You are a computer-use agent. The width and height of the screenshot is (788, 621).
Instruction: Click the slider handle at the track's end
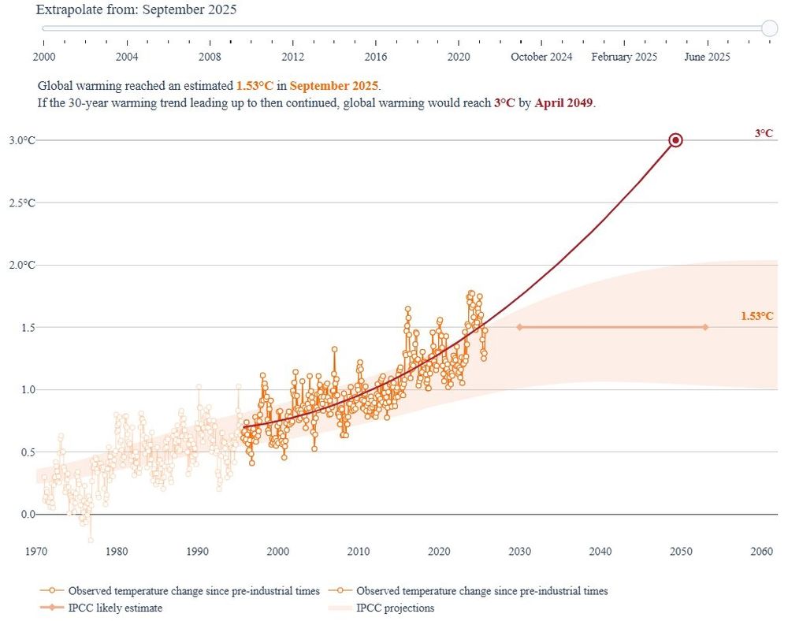click(x=770, y=28)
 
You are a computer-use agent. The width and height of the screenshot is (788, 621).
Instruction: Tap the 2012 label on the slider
click(x=292, y=57)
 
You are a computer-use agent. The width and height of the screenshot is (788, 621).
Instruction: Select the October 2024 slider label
click(x=541, y=57)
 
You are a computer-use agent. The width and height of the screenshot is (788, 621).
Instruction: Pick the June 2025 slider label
click(x=707, y=57)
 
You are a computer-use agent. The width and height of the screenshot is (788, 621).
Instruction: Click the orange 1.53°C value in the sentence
click(x=255, y=86)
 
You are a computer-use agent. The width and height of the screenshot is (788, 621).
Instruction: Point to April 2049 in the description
click(x=563, y=103)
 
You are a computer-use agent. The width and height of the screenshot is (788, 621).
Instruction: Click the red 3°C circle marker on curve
click(x=675, y=140)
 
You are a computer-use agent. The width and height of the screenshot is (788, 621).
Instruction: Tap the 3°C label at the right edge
click(x=764, y=134)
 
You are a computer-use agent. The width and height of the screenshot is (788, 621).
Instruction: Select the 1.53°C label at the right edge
click(x=756, y=316)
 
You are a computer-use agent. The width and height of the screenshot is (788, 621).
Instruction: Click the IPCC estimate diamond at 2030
click(x=519, y=327)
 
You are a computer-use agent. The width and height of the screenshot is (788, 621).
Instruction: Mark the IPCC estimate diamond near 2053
click(x=705, y=327)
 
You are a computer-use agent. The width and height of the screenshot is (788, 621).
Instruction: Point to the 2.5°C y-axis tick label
click(x=21, y=203)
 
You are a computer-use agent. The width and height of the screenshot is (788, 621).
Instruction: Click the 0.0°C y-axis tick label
click(x=21, y=514)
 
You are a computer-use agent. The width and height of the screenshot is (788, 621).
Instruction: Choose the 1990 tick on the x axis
click(x=197, y=551)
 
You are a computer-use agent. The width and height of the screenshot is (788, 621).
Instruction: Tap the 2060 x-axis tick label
click(x=761, y=551)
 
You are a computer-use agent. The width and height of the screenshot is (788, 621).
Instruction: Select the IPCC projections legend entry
click(x=394, y=608)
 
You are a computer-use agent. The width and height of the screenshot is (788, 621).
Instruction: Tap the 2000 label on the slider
click(x=44, y=57)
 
